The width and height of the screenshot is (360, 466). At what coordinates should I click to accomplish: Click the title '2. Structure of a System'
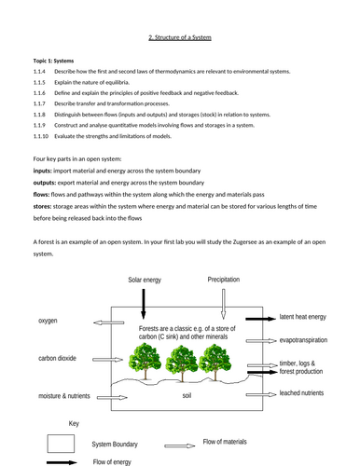pos(182,37)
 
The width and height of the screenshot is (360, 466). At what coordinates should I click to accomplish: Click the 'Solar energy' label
pos(145,281)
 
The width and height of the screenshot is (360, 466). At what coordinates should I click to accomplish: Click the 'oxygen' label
pos(48,321)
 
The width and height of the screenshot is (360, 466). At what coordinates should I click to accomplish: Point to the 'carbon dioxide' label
pos(58,357)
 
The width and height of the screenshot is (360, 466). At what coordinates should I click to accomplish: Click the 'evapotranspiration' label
pos(311,341)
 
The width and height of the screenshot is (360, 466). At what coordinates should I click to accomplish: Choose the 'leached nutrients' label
pos(310,393)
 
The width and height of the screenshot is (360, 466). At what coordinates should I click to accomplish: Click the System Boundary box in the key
pos(61,441)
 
